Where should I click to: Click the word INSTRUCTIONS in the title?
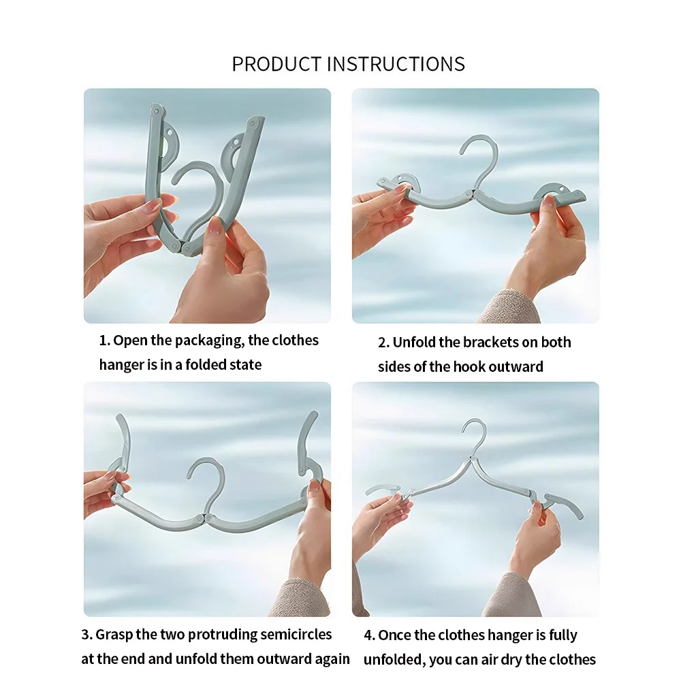tap(396, 64)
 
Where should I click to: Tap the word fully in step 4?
tap(560, 635)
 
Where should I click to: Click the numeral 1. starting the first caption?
tap(105, 340)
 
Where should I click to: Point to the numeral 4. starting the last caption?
tap(369, 635)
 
